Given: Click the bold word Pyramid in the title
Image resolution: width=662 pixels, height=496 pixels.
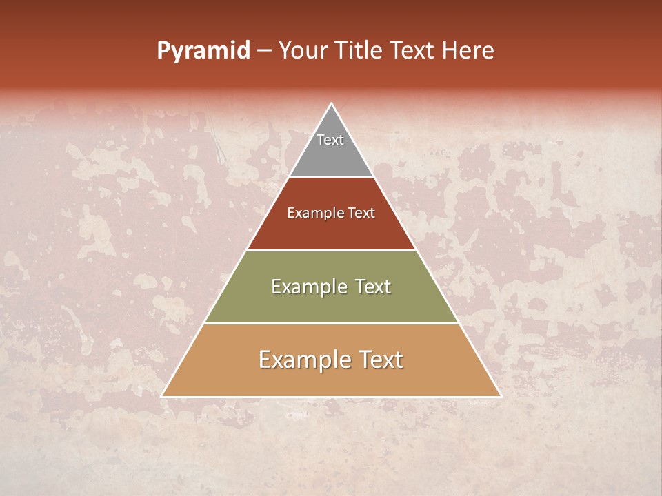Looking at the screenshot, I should pos(203,50).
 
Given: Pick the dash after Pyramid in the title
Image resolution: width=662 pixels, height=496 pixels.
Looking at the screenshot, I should pos(264,51).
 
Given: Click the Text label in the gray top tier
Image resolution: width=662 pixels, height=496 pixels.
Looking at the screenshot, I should pos(330,140).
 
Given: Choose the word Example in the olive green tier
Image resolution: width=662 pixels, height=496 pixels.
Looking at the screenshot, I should pos(308,287).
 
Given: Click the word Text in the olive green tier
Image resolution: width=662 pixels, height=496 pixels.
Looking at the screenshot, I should pos(372,287).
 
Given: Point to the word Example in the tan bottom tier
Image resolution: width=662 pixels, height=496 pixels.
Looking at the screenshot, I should pos(303,360).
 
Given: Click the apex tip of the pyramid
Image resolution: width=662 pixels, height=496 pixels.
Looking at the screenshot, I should pos(331,104).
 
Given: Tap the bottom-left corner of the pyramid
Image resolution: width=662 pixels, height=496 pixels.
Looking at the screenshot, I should pos(162,396).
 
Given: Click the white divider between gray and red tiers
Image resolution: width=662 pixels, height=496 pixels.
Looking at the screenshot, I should pos(331,176).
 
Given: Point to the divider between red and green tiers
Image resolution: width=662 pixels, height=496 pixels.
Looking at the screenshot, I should pos(331,250).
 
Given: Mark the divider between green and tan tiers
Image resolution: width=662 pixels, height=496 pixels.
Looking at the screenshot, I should pos(331,323).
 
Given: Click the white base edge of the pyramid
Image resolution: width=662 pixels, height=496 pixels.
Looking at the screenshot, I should pos(331,397).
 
